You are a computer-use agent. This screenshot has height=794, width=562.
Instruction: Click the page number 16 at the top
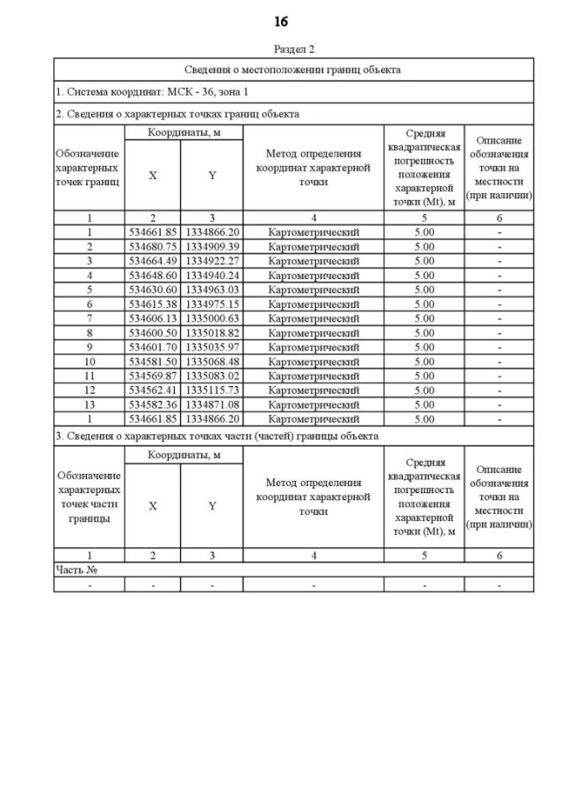[280, 21]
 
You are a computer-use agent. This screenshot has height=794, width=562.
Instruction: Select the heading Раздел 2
[293, 50]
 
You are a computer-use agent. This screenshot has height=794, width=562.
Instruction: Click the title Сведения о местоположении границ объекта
[293, 69]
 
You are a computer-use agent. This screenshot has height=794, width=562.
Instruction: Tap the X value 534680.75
[153, 247]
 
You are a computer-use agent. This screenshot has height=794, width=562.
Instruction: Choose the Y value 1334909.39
[212, 247]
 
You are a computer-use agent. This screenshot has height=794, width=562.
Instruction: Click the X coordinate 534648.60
[153, 275]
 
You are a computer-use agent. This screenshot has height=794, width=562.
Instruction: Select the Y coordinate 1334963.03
[212, 290]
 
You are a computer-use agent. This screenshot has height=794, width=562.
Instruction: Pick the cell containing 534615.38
[153, 304]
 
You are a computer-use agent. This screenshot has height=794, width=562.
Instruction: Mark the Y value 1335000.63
[212, 318]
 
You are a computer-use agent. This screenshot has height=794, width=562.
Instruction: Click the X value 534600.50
[153, 333]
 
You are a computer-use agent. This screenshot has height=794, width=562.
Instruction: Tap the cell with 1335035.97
[212, 347]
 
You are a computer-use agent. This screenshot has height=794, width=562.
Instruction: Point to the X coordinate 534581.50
[153, 361]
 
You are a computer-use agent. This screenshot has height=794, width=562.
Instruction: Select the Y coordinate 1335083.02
[212, 376]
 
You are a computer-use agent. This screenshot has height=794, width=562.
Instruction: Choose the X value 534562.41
[153, 390]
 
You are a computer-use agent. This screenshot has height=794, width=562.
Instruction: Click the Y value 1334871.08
[212, 404]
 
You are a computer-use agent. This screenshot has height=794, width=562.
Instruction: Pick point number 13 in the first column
[89, 404]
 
